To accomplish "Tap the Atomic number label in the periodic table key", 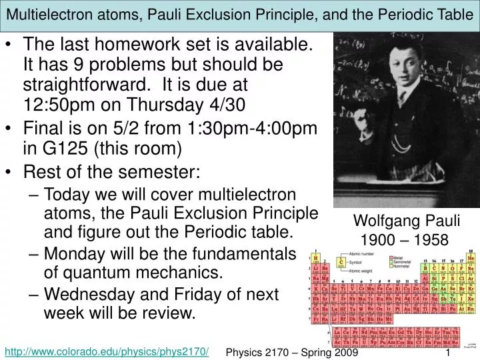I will [363, 254].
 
